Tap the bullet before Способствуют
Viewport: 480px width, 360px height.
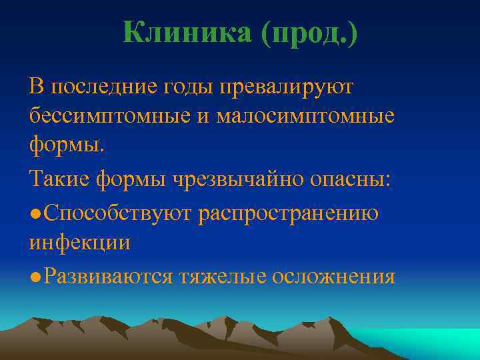point(34,213)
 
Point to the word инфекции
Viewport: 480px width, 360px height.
point(79,243)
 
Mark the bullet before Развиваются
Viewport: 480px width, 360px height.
point(34,276)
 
